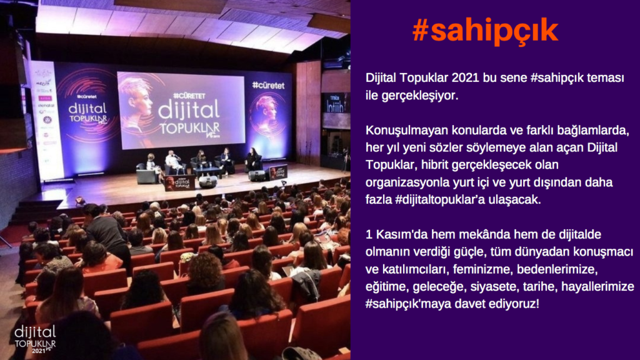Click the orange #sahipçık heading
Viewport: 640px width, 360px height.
coord(485,31)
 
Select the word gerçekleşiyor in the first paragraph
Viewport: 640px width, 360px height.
coord(420,96)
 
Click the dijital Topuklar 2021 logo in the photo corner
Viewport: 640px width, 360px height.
coord(35,339)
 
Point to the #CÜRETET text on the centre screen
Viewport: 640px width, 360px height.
coord(189,96)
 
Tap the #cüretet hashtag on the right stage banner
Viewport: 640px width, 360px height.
coord(268,85)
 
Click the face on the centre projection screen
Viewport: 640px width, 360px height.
coord(137,100)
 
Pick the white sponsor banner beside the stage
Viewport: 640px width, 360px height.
coord(47,121)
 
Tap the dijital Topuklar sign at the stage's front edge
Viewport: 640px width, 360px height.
coord(180,183)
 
